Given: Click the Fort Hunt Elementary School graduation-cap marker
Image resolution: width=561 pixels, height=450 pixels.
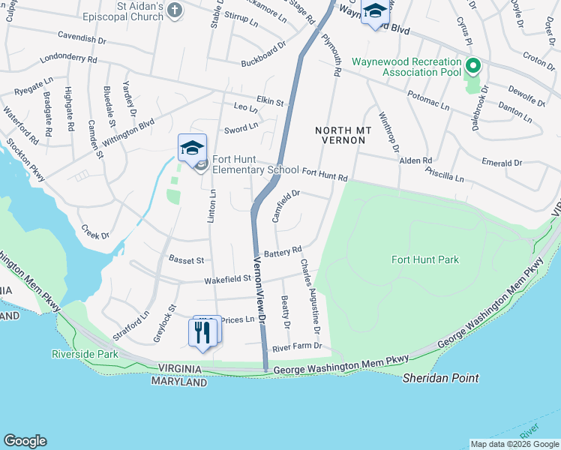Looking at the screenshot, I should [x=192, y=148].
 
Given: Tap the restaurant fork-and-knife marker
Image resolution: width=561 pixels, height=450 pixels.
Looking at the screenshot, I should [x=202, y=331].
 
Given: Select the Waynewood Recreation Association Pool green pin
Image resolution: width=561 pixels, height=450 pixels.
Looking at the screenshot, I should [x=472, y=67].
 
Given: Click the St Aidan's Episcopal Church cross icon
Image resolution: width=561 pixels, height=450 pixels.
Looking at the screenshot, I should [x=174, y=10].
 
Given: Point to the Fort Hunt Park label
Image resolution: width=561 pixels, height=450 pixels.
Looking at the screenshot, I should [x=424, y=259].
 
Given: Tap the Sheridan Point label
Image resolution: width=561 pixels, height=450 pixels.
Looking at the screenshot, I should [x=440, y=378].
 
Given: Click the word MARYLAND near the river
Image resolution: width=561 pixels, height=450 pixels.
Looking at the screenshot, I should [x=178, y=382].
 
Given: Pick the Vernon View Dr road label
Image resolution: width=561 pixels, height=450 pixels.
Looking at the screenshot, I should [x=260, y=289].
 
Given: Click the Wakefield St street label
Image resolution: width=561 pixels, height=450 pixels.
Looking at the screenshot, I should [x=227, y=280].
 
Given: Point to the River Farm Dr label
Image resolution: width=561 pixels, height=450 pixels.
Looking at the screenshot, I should [x=296, y=346].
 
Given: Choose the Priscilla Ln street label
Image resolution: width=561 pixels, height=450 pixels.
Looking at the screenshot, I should [x=444, y=176].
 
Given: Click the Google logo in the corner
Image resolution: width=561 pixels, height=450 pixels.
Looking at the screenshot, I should [x=25, y=441].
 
